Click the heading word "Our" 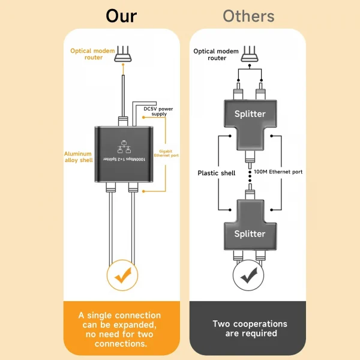point(121,16)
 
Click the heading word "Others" point(248,16)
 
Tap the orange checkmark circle point(121,275)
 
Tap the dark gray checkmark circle point(248,275)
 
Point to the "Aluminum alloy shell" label point(79,157)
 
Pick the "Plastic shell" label point(216,173)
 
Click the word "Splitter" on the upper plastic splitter point(249,113)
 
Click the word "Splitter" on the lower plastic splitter point(249,233)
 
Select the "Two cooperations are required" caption point(250,328)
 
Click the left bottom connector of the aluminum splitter point(112,188)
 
